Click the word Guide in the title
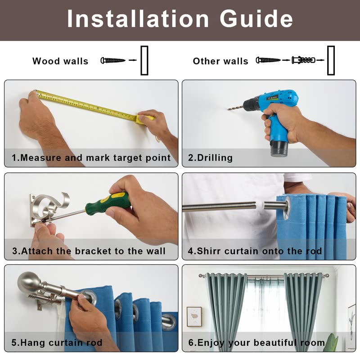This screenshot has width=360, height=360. click(256, 19)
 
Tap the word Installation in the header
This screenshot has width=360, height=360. click(138, 19)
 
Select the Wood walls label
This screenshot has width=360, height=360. click(60, 61)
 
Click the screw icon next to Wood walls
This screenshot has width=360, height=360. click(113, 60)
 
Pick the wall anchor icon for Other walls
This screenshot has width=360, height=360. click(303, 60)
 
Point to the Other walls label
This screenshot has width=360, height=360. click(220, 61)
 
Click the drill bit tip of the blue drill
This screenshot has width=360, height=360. click(228, 109)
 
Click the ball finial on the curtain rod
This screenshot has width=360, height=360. click(27, 282)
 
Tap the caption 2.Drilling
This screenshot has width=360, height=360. click(210, 158)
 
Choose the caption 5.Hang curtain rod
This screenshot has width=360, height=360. click(57, 342)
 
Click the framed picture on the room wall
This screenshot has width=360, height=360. click(194, 317)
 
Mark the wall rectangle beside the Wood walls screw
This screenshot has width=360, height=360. click(144, 60)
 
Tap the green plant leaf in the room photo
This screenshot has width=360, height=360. click(333, 342)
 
